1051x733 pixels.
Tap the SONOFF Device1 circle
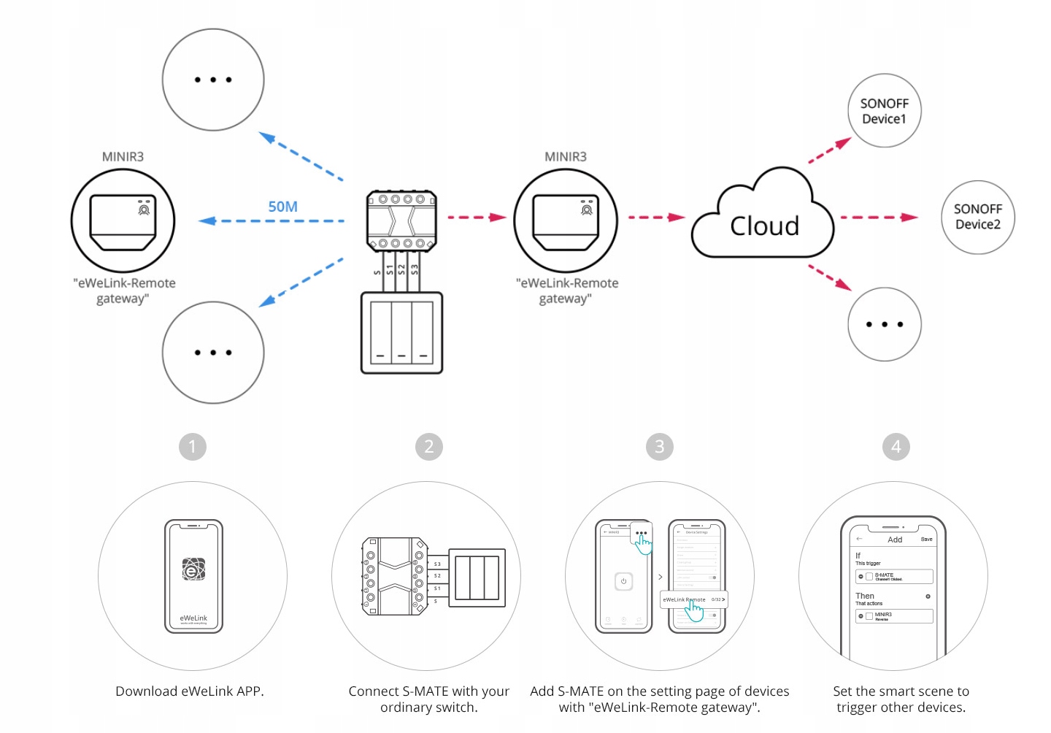click(884, 111)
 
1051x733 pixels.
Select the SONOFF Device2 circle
click(978, 217)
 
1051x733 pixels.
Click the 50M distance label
click(282, 207)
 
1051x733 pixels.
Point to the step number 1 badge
click(193, 447)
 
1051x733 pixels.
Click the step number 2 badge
click(429, 447)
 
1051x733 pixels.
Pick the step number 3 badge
click(660, 447)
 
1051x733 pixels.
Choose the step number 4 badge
click(896, 447)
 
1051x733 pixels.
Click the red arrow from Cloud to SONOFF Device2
click(879, 217)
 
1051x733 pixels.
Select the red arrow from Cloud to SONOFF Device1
click(830, 150)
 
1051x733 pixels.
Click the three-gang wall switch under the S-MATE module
click(401, 333)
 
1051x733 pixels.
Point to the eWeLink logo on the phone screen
click(193, 569)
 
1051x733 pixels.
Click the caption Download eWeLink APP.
click(190, 691)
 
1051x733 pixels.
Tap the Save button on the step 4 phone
click(926, 540)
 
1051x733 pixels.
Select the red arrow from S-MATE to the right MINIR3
click(477, 217)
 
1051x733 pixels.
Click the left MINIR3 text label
click(123, 157)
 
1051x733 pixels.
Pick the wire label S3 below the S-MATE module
click(415, 269)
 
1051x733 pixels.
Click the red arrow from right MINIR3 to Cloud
click(656, 217)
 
